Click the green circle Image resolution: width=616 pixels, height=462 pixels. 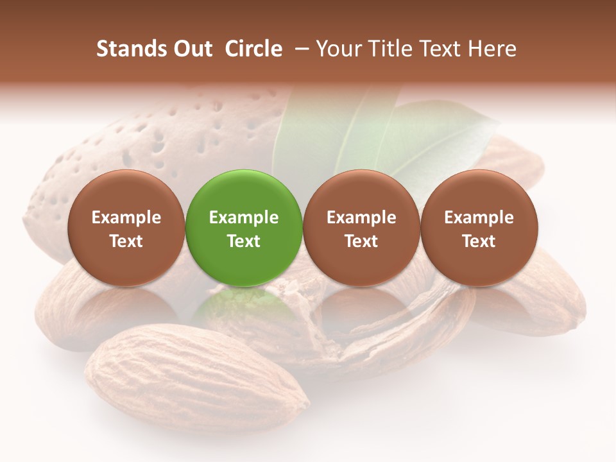point(244,228)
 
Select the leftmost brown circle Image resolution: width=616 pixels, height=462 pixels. point(126,228)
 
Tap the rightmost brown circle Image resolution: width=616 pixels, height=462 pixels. point(479,228)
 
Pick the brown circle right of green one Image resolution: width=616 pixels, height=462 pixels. point(361,228)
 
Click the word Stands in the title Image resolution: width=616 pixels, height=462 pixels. point(132,49)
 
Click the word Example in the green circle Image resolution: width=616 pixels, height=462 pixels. point(244,218)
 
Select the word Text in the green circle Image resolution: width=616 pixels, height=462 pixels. point(244,241)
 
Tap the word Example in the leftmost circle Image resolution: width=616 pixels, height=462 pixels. point(126,218)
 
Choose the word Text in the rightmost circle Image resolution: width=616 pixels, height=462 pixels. point(479,241)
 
